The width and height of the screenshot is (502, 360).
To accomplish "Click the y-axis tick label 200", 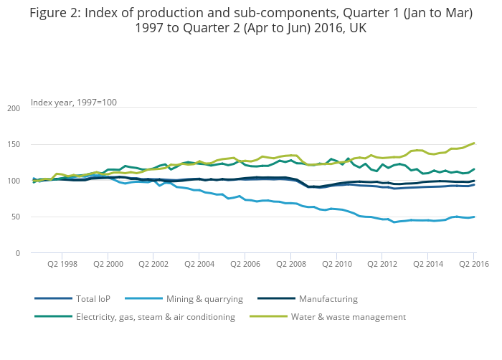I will (14, 108).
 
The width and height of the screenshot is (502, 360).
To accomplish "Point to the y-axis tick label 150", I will (14, 145).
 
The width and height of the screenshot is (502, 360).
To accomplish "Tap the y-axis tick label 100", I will (14, 181).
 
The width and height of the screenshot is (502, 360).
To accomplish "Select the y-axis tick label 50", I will (16, 217).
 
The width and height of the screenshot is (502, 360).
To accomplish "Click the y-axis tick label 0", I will (18, 253).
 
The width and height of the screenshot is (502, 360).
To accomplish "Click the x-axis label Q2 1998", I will (62, 264).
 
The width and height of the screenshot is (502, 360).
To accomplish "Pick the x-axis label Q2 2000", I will (108, 264).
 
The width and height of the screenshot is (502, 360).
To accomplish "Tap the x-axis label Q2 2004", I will (199, 264).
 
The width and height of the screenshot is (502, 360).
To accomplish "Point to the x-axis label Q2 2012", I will (382, 264).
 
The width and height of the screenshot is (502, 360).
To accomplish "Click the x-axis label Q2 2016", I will (474, 264).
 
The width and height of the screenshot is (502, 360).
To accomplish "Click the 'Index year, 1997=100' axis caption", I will (74, 102).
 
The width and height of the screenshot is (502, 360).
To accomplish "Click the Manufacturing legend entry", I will (327, 299).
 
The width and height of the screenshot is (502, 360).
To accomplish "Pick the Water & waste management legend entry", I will (348, 316).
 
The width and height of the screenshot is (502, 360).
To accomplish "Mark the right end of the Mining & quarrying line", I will (474, 217).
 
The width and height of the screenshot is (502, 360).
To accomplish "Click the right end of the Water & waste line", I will (474, 143).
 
